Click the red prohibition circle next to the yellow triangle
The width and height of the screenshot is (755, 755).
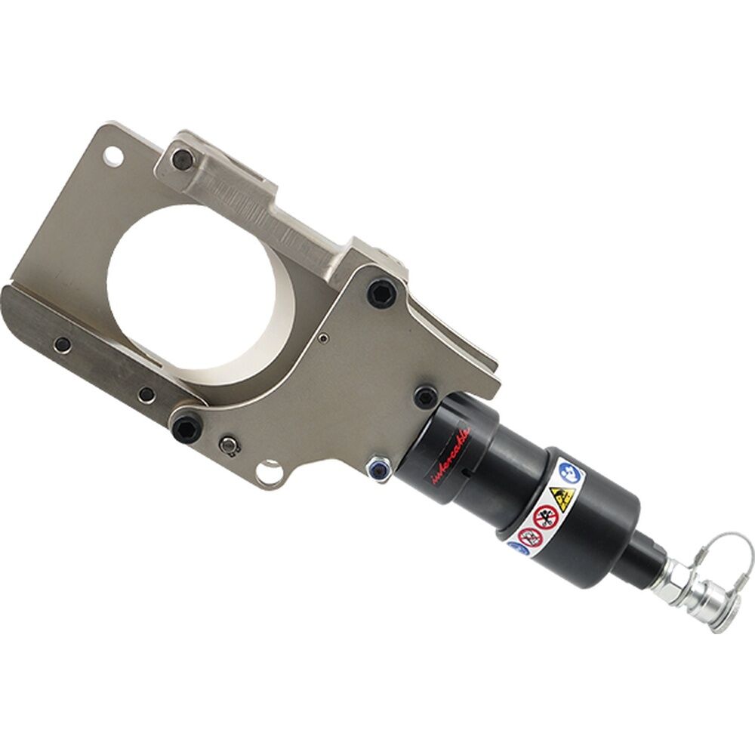point(545,517)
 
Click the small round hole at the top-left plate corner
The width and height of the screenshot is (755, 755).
point(112,156)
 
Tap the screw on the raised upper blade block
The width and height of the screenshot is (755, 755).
point(182,159)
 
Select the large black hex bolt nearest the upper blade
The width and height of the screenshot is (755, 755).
point(382,293)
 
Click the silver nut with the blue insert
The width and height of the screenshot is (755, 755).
point(377,469)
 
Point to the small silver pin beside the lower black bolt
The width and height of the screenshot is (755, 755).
point(228,446)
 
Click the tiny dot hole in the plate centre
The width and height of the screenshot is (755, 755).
point(323,338)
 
